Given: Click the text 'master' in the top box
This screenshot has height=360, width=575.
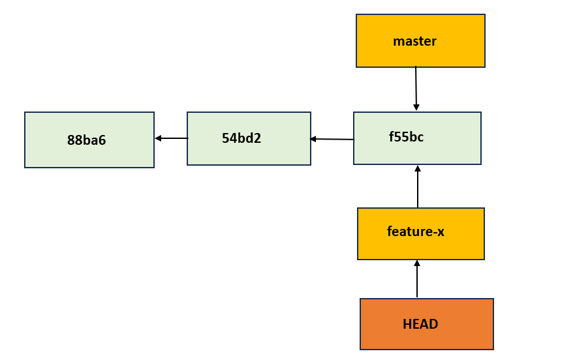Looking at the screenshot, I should (414, 42).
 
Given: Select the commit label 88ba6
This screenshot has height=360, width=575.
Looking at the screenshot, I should (86, 140).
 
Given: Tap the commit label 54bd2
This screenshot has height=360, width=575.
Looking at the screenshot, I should (241, 138).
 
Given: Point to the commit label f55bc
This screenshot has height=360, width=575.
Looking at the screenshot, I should (406, 137).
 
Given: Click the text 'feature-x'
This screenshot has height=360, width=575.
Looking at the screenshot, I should (416, 232).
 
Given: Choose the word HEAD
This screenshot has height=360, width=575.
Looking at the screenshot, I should (420, 324).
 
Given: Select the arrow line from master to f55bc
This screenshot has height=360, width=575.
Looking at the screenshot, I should (416, 85).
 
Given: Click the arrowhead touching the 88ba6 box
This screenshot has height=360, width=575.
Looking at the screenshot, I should (158, 138).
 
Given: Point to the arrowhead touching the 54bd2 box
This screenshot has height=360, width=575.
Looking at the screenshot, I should (313, 139).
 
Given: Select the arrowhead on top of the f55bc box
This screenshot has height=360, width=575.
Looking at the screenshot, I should (416, 108).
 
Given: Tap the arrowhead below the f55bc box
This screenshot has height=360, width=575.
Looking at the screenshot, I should (418, 168).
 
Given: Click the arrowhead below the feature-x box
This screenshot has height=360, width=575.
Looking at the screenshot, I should (417, 263).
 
